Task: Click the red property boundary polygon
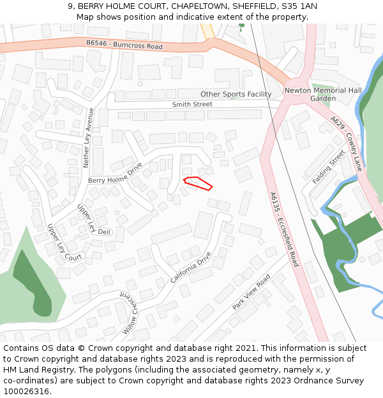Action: (198, 183)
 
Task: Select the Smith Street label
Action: (192, 104)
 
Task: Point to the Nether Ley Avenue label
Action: (89, 138)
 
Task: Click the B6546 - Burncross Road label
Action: (124, 45)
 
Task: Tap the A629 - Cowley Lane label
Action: (347, 143)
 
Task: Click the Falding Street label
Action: (329, 167)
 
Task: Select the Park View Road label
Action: (252, 292)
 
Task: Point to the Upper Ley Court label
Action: (64, 242)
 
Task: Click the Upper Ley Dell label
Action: (94, 220)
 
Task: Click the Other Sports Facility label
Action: (236, 94)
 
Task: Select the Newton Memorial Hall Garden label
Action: (323, 94)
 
